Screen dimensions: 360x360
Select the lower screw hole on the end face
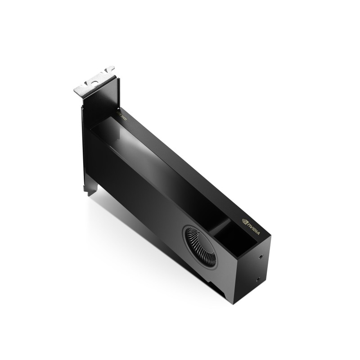point(257,279)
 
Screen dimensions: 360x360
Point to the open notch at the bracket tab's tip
point(110,70)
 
